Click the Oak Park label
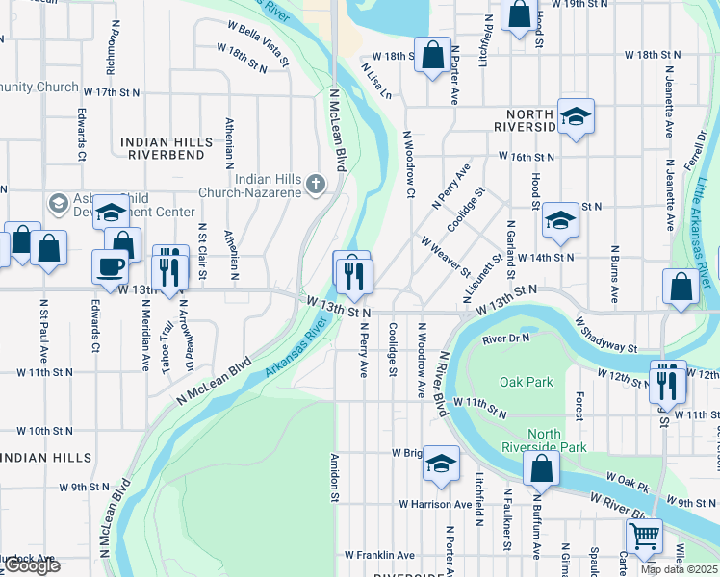pos(527,382)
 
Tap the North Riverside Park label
pos(544,439)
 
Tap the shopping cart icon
pos(644,534)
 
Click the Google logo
pos(31,566)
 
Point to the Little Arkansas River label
pos(705,227)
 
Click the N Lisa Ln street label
pos(377,82)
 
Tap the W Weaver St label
pos(444,258)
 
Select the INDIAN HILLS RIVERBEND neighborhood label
pos(167,147)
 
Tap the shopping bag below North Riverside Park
pos(541,468)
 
